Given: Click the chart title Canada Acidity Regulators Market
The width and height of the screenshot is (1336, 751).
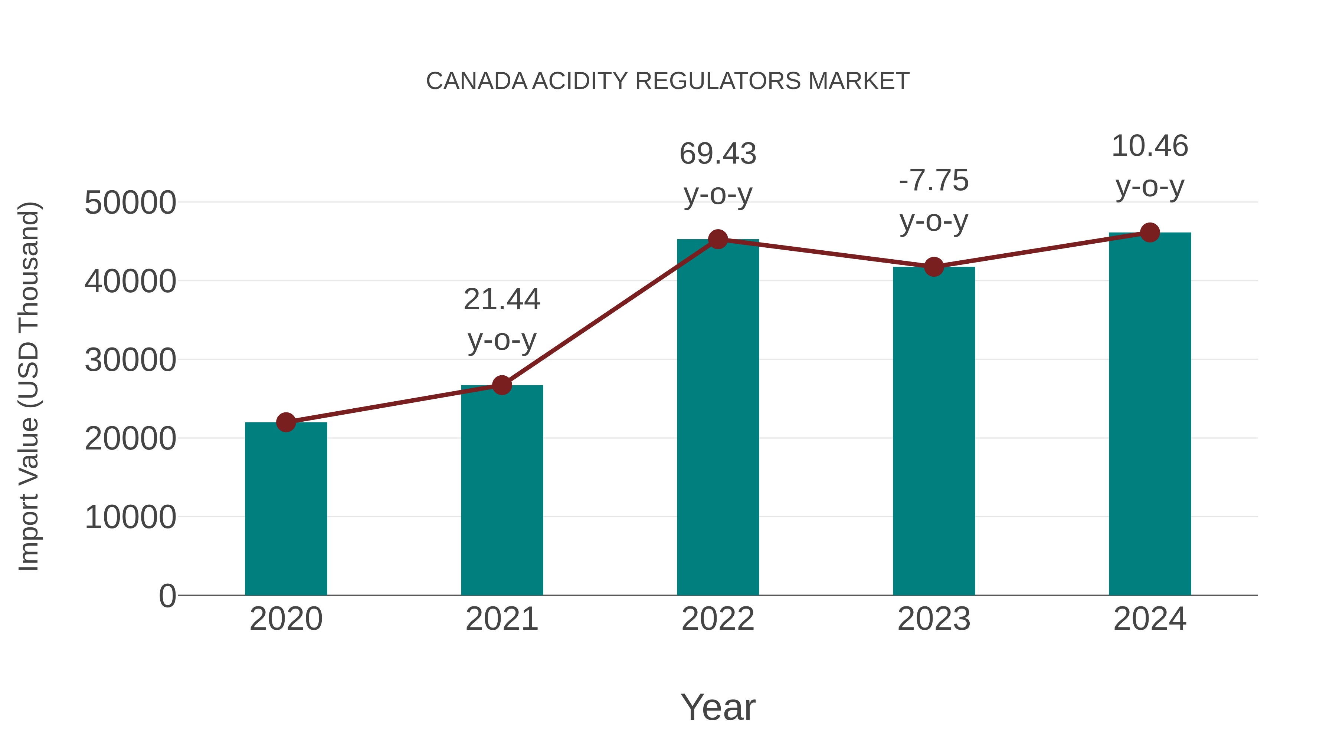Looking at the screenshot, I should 668,81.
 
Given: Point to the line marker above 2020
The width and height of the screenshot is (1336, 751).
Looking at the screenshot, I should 286,422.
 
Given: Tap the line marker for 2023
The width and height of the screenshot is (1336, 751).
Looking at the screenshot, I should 934,267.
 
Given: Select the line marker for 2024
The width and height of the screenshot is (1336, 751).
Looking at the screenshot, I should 1150,233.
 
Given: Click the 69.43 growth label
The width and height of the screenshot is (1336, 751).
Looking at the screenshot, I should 718,154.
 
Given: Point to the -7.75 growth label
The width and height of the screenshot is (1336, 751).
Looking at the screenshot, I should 934,181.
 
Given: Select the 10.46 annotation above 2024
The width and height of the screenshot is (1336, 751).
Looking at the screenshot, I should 1150,146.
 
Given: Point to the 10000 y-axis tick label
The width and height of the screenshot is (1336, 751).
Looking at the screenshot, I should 130,517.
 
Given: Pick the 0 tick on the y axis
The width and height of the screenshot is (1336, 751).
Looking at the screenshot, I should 167,596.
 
